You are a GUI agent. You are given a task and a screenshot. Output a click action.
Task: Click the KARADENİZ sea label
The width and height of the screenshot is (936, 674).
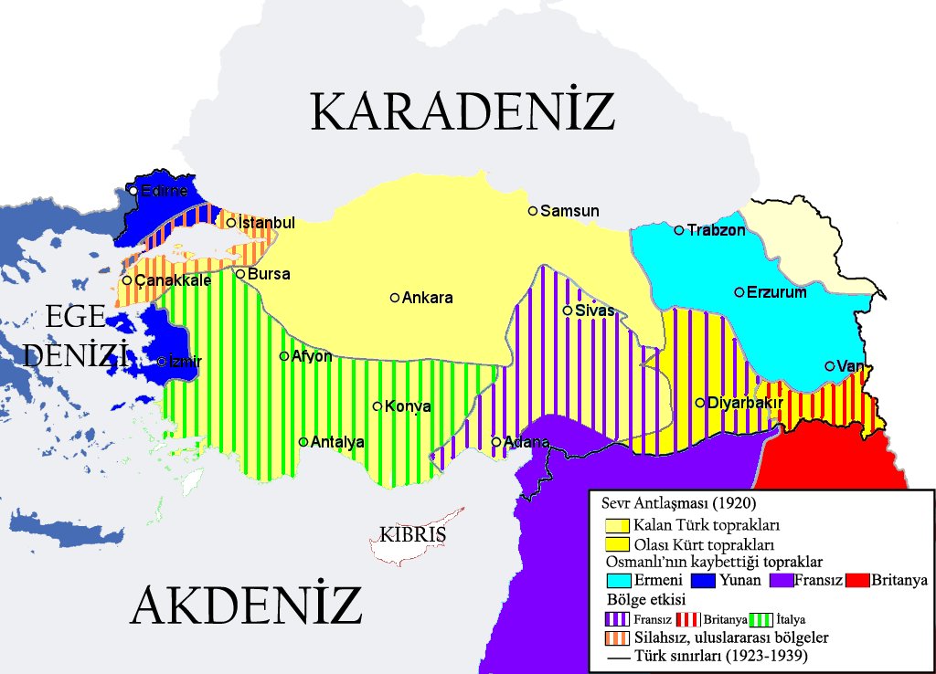[x=462, y=111]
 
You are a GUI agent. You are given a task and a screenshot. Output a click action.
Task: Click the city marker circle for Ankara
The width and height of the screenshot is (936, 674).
[x=395, y=298]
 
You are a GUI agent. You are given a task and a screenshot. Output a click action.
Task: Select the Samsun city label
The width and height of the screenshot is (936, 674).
[x=569, y=211]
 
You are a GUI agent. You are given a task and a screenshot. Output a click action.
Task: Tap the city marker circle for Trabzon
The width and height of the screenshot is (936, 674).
[x=679, y=230]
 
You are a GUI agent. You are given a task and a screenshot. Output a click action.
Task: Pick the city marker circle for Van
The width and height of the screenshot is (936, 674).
[x=830, y=366]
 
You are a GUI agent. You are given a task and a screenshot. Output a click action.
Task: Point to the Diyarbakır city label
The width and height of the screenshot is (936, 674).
[x=742, y=403]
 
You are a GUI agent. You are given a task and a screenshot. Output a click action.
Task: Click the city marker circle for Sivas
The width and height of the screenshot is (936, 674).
[x=568, y=311]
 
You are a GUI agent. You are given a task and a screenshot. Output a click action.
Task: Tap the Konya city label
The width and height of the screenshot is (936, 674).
[x=408, y=406]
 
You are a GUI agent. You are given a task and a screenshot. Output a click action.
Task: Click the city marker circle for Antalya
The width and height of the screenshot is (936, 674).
[x=303, y=442]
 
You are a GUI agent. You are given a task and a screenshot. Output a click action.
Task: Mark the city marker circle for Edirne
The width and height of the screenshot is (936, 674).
[x=133, y=191]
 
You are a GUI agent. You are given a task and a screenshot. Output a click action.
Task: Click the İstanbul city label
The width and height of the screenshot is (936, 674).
[x=266, y=223]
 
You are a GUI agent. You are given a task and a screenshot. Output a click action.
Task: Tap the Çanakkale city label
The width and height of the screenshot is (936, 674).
[x=173, y=280]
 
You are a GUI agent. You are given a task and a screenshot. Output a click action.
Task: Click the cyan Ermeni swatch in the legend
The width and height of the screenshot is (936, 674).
[x=619, y=580]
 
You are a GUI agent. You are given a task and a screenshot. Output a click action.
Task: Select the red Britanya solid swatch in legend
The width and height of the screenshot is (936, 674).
[x=856, y=580]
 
